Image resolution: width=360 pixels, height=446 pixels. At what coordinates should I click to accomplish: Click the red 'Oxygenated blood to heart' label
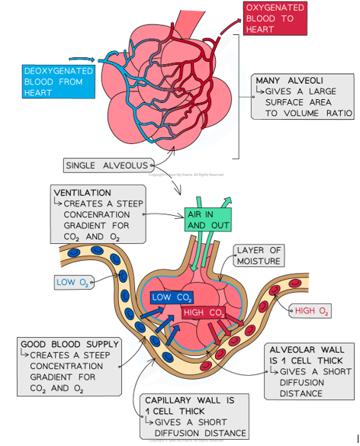click(275, 18)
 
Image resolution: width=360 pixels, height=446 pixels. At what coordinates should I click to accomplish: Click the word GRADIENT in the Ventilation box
click(79, 216)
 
